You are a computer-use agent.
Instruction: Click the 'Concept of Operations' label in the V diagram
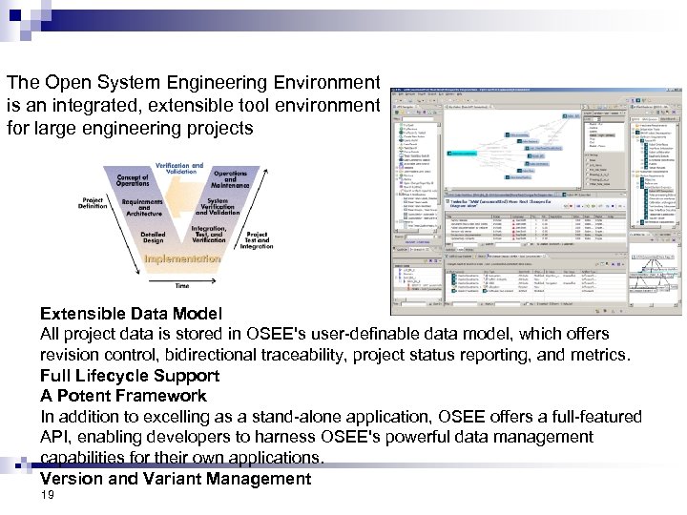pyautogui.click(x=133, y=180)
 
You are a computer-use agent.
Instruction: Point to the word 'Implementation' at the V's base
pyautogui.click(x=182, y=258)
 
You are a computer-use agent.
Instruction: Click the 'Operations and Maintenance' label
pyautogui.click(x=230, y=178)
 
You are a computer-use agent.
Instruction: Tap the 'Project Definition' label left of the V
pyautogui.click(x=93, y=203)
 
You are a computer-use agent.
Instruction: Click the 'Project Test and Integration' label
pyautogui.click(x=257, y=239)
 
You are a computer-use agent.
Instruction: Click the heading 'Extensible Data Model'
pyautogui.click(x=131, y=313)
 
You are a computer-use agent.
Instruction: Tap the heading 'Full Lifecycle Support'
pyautogui.click(x=130, y=376)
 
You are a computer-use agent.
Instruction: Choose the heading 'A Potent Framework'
pyautogui.click(x=123, y=396)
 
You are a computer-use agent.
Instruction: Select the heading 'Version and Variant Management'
pyautogui.click(x=176, y=479)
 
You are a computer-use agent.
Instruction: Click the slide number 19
pyautogui.click(x=48, y=497)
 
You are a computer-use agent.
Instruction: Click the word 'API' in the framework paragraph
pyautogui.click(x=53, y=437)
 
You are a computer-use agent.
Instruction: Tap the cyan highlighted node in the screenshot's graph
pyautogui.click(x=464, y=154)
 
